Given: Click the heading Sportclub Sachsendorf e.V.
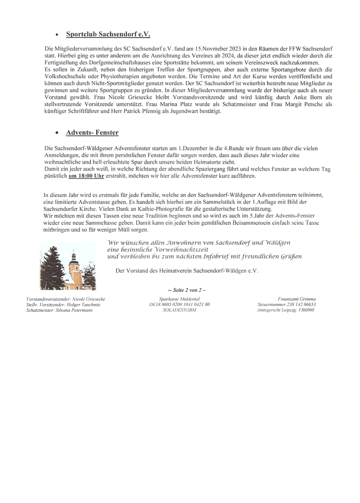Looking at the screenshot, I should [x=108, y=34].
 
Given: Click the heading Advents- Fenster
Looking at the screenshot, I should [x=92, y=133].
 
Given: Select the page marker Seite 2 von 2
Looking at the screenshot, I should [x=187, y=290].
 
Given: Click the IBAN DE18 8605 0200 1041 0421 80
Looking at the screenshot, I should [x=179, y=305].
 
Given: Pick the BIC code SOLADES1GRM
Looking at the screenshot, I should [x=179, y=310].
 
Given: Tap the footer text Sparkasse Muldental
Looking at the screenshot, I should [x=179, y=299].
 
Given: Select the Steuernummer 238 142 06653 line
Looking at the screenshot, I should [x=286, y=305].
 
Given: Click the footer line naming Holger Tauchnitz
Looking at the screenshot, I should [x=63, y=305].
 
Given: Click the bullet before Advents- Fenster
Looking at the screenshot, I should [x=57, y=133].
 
